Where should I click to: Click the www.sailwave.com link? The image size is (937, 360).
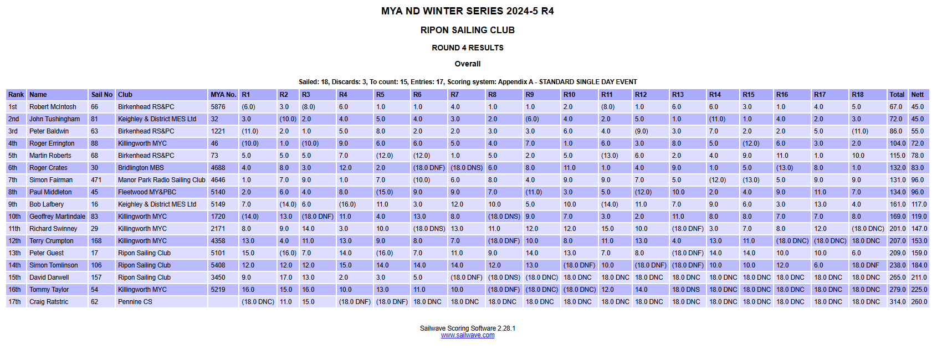click(467, 335)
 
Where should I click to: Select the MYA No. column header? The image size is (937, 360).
click(223, 95)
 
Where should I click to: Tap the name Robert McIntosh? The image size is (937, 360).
click(53, 107)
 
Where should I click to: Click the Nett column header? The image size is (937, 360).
click(917, 95)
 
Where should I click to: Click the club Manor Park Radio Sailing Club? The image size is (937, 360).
click(161, 180)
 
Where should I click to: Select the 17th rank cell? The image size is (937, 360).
click(14, 302)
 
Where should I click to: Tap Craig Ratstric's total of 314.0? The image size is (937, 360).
click(897, 302)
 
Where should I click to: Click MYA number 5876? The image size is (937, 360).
click(218, 107)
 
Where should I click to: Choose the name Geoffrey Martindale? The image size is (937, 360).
click(57, 217)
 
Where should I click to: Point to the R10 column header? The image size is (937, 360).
click(569, 95)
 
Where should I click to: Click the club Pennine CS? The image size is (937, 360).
click(135, 302)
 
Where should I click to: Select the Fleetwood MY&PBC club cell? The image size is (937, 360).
click(147, 192)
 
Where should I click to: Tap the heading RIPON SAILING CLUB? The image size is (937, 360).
click(467, 30)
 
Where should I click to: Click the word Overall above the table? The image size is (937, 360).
click(467, 64)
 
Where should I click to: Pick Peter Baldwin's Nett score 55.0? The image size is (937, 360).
click(917, 131)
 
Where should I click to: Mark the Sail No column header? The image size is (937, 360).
click(102, 95)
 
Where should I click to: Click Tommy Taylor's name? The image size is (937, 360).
click(49, 290)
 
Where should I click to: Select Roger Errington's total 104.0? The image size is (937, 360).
click(897, 143)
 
